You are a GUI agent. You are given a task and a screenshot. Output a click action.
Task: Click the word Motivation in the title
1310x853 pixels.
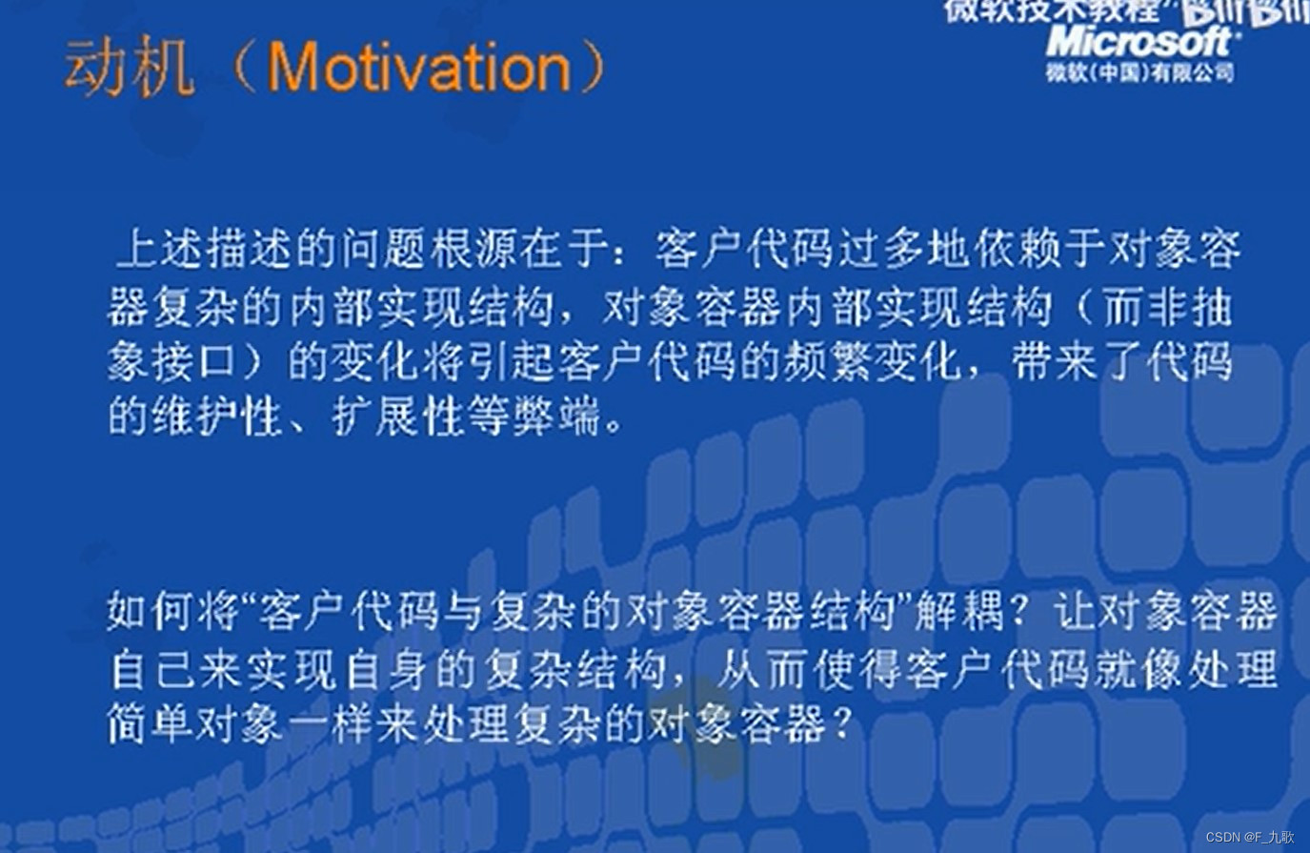[419, 68]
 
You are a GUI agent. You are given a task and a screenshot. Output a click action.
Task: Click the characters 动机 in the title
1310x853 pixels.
[129, 70]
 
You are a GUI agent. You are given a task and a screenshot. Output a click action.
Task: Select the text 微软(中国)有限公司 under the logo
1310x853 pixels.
[1139, 73]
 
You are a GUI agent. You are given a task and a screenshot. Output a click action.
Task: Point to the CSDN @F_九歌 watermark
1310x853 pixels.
[1249, 837]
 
